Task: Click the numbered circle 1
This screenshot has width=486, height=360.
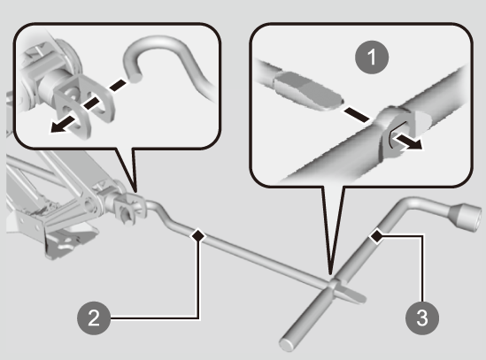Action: [x=372, y=57]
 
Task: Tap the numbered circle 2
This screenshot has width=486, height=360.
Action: [x=94, y=318]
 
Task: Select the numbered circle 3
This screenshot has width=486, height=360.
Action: [x=422, y=318]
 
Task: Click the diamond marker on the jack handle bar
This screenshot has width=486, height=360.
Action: [x=198, y=236]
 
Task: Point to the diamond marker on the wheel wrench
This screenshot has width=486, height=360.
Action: [x=376, y=236]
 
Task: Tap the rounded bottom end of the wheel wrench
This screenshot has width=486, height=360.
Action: [x=287, y=344]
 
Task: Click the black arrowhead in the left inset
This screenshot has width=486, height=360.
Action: [x=60, y=126]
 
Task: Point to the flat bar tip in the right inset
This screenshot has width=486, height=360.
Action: [x=307, y=90]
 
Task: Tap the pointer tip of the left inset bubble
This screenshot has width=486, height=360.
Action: [x=135, y=193]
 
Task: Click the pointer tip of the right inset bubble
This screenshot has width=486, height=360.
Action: [x=330, y=274]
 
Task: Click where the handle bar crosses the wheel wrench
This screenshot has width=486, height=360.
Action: [x=334, y=283]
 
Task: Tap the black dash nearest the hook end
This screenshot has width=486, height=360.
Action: [x=118, y=85]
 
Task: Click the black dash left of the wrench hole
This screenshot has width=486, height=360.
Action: [x=356, y=114]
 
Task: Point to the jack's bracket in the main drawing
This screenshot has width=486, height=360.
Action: [x=127, y=207]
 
